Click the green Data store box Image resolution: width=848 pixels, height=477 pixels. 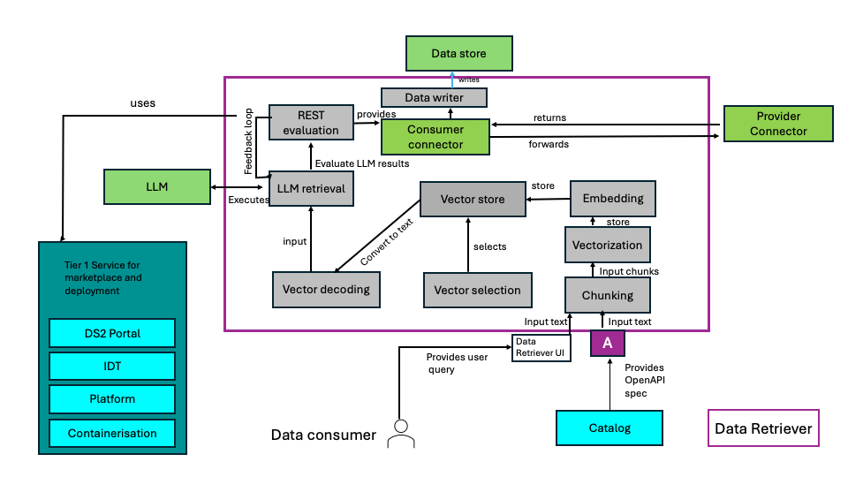458,54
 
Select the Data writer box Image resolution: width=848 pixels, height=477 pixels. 435,96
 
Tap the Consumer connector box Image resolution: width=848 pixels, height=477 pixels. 435,137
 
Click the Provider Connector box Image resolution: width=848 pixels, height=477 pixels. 778,124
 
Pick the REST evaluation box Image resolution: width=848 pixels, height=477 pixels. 310,123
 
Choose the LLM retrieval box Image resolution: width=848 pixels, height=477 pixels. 310,188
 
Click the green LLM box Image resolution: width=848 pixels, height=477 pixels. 156,187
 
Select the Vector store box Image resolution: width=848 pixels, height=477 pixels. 473,200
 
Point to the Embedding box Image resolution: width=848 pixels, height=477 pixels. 613,198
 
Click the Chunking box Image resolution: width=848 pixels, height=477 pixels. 607,294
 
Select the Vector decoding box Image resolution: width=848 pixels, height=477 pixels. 326,289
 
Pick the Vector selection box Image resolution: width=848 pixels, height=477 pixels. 477,289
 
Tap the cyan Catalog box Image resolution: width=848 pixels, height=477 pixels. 609,428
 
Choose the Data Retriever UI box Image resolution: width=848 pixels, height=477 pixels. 539,346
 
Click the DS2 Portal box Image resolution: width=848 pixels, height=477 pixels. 112,333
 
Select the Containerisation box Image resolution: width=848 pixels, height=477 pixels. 112,434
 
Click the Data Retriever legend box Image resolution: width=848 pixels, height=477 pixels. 763,429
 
